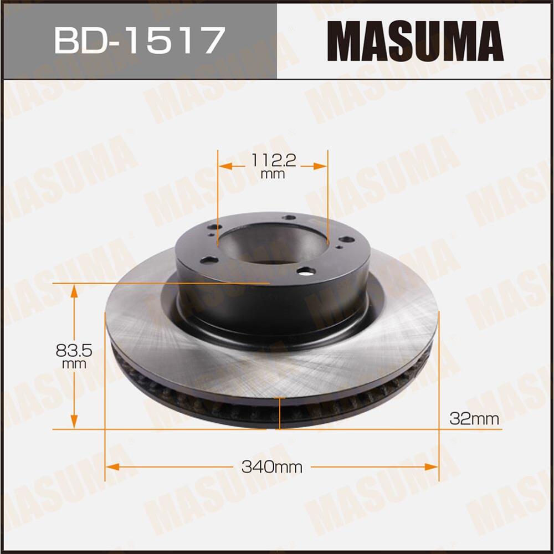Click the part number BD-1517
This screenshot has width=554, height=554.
(x=138, y=40)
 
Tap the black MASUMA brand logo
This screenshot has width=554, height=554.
(x=415, y=41)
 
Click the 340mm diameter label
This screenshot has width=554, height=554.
(x=271, y=467)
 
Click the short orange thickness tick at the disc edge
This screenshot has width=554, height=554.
(x=280, y=416)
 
